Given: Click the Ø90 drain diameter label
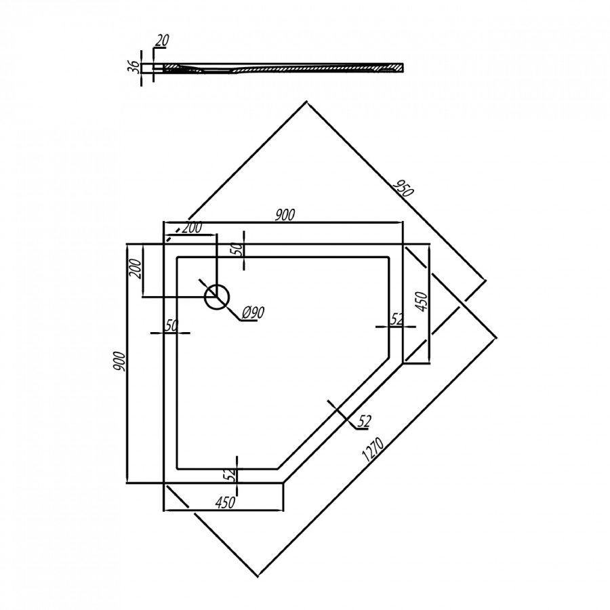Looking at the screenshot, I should pos(252,312).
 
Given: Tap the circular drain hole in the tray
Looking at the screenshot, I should pos(217,296).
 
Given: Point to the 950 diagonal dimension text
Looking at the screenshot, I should pos(403,188).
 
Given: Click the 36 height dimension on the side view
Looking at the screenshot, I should pos(134,66).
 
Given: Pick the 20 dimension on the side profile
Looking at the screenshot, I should pos(161,41).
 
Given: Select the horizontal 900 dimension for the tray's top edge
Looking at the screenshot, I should pos(285,215).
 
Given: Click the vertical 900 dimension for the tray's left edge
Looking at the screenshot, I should pos(120,364).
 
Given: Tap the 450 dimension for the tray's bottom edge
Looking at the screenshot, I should pos(224,502).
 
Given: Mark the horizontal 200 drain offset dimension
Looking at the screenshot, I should pos(192,228).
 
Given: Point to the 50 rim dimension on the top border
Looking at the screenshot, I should pos(237,249).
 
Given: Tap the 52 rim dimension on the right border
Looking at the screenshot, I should pos(397,319).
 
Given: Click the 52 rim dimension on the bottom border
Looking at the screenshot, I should pos(231,474).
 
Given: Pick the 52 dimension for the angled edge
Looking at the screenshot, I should pos(363,422).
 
